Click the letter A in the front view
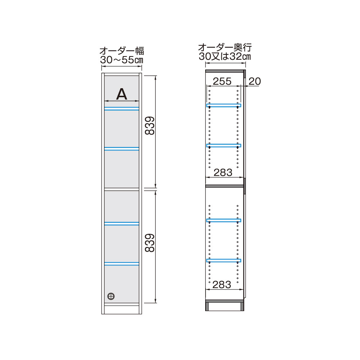tap(122, 94)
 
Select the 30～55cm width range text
tap(122, 60)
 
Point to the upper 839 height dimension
tap(150, 125)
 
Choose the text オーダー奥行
tap(225, 48)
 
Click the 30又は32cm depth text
tap(225, 57)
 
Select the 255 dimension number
tap(222, 81)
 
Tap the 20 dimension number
tap(255, 81)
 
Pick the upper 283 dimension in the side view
tap(223, 172)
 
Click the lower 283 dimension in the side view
tap(222, 285)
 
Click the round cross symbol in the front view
tap(111, 296)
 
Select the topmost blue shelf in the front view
tap(122, 108)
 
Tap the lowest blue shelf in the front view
tap(122, 264)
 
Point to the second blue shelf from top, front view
tap(122, 148)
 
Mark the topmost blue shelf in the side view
tap(224, 105)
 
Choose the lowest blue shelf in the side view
tap(224, 260)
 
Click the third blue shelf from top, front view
tap(122, 224)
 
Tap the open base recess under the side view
tap(225, 307)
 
